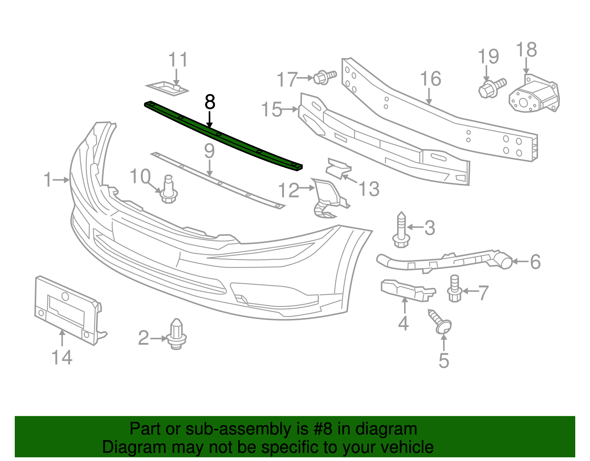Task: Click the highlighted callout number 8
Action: [x=209, y=102]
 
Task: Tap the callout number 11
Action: [x=178, y=60]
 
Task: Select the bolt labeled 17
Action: [x=324, y=77]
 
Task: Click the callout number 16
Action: [x=430, y=79]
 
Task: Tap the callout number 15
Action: [x=271, y=110]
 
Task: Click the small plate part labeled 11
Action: [x=168, y=88]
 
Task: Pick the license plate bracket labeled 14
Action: [x=66, y=310]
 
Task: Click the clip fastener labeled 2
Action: [x=177, y=334]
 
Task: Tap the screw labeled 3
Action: [x=401, y=230]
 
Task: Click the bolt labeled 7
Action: [x=455, y=289]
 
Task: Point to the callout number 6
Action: [x=535, y=262]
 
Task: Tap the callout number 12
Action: [x=288, y=190]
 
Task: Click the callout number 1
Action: [x=48, y=180]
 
